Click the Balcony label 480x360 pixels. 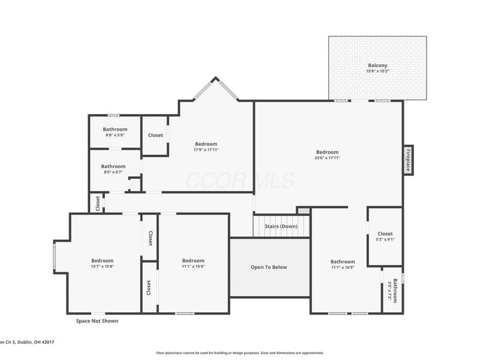[377, 65]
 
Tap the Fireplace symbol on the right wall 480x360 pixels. [408, 160]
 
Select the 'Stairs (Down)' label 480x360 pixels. [281, 226]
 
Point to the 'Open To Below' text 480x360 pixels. [268, 267]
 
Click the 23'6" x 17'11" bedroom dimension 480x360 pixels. [328, 158]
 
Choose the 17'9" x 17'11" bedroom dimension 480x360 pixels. [206, 150]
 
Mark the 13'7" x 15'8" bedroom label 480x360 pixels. [102, 263]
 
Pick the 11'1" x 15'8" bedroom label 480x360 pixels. [193, 263]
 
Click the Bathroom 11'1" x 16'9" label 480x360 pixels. [343, 265]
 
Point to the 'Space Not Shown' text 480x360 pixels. [97, 321]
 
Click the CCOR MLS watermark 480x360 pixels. [240, 180]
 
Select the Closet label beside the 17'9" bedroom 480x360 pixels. [155, 136]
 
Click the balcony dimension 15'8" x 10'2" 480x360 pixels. [377, 71]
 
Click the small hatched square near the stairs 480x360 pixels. [304, 211]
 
